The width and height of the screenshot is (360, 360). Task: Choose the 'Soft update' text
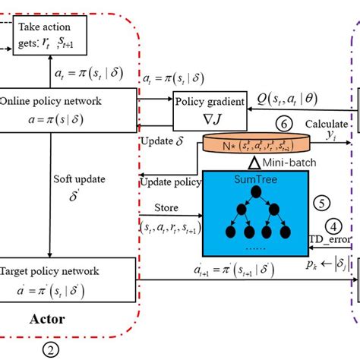coord(75,181)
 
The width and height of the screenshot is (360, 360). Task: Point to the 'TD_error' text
coord(330,239)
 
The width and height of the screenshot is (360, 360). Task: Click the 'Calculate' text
coord(327,124)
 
